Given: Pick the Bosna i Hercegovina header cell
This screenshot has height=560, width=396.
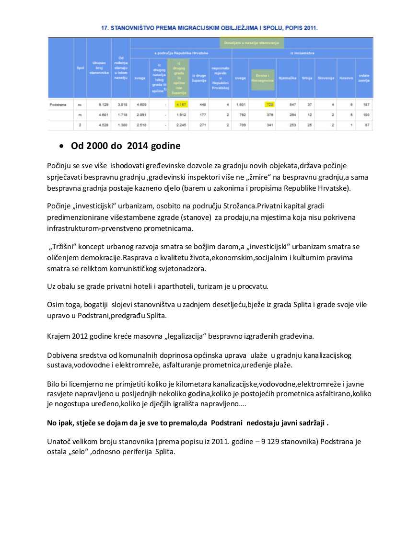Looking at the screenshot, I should pos(263,78).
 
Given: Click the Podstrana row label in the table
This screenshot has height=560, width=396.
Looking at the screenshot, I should pos(58,104).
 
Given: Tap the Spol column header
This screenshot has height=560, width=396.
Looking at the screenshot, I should pos(80,69).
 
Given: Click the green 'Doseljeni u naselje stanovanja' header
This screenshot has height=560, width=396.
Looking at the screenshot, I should pos(252,43).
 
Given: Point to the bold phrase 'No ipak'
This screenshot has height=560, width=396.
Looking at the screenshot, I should pos(60,423).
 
